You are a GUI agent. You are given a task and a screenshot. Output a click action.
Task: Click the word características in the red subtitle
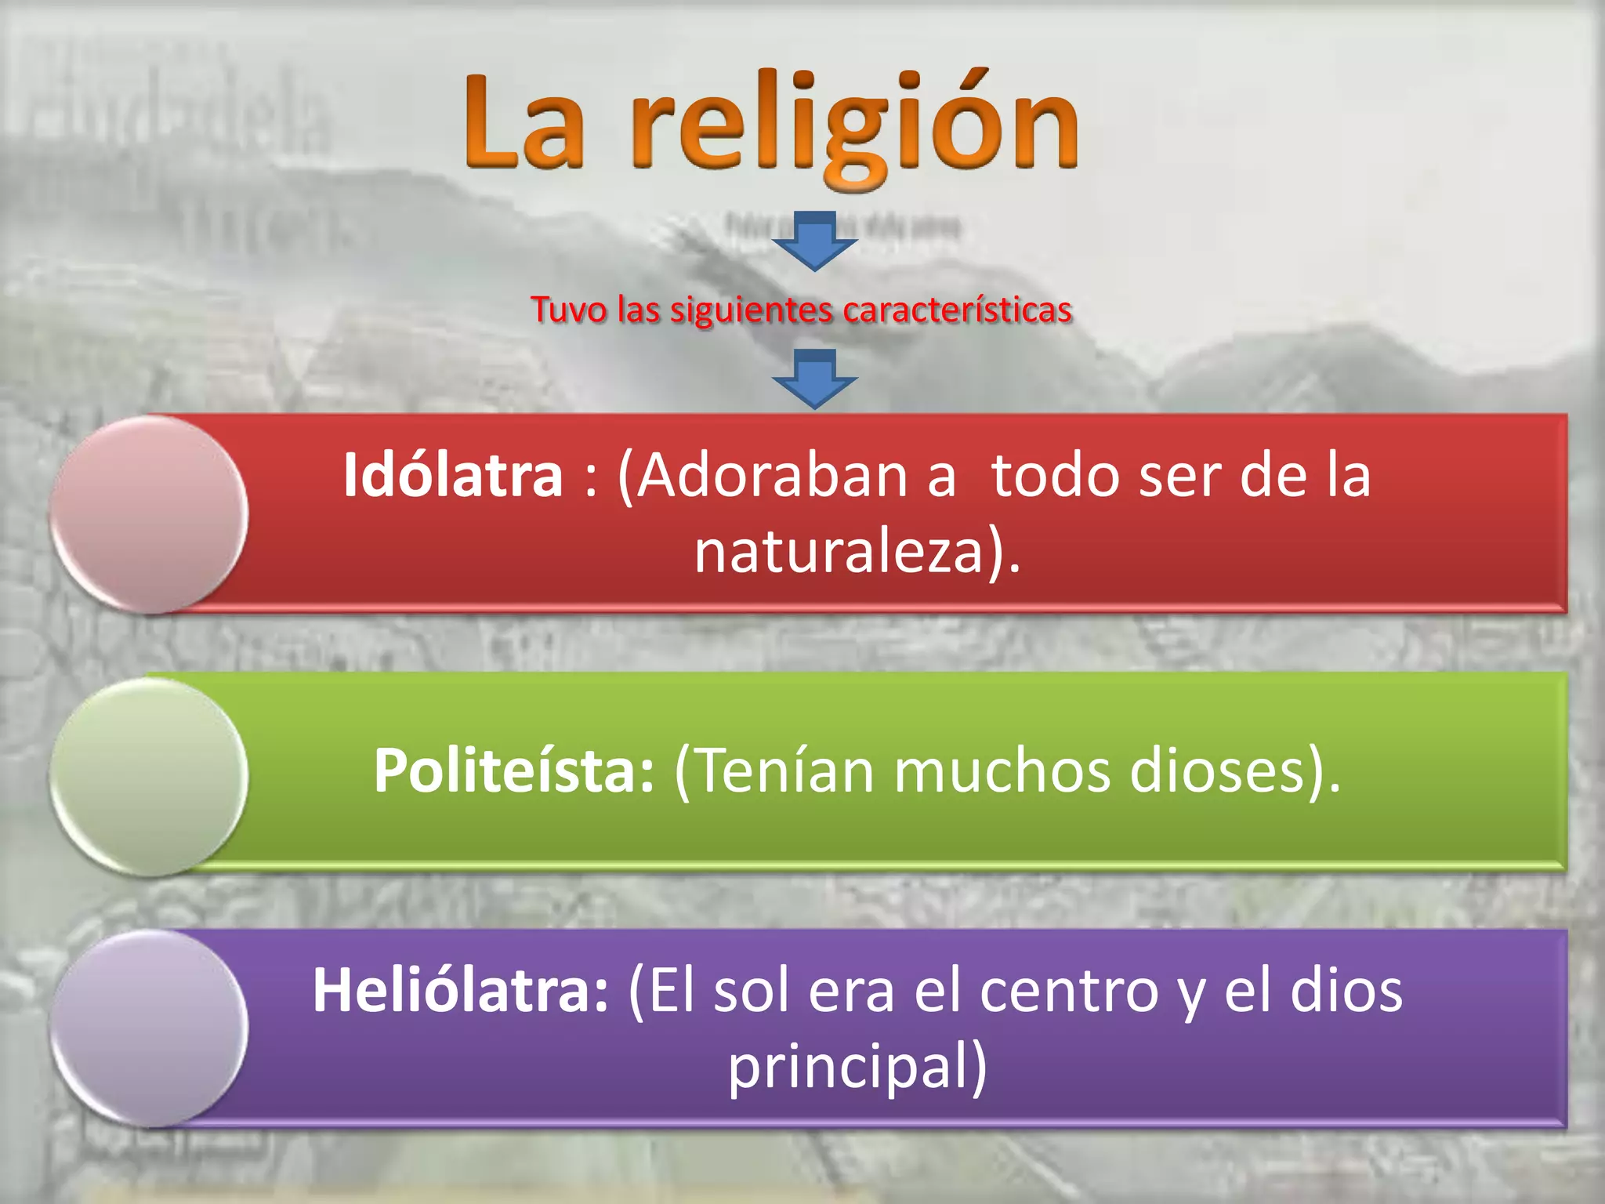(957, 310)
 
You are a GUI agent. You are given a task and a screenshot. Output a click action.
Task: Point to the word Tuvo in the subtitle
(569, 310)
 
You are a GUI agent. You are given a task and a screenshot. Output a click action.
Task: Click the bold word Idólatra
(453, 476)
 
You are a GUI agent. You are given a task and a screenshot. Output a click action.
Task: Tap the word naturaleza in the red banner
(839, 551)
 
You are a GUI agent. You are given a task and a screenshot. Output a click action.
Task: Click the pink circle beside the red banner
(149, 514)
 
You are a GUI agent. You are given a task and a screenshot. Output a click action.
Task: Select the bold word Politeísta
(513, 771)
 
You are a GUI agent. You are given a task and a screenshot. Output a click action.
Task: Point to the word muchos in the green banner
(1002, 771)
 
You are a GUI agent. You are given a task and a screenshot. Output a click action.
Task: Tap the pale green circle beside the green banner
(149, 776)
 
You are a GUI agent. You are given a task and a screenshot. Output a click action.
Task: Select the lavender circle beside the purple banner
(149, 1028)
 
